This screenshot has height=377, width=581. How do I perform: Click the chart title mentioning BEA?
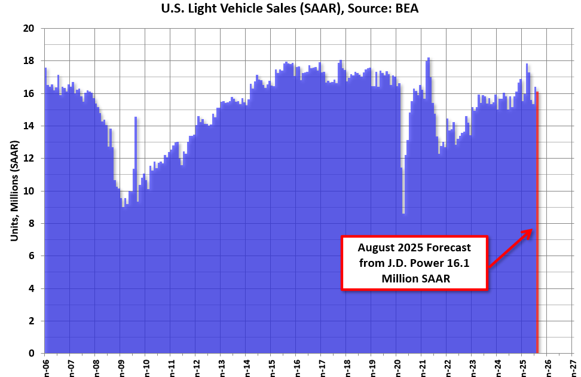(290, 8)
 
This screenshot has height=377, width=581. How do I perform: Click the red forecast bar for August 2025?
(537, 239)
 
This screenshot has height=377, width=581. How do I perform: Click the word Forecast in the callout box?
(443, 247)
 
